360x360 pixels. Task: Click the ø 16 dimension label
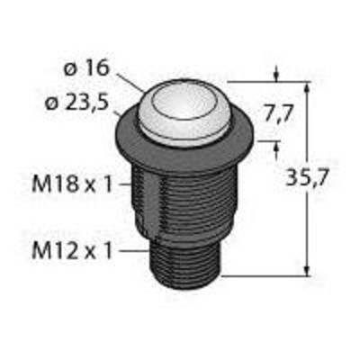(x=85, y=69)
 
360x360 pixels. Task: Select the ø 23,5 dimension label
(x=76, y=103)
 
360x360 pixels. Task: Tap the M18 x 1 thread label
(x=72, y=184)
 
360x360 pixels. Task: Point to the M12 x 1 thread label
(x=72, y=251)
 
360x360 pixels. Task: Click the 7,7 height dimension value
(x=278, y=115)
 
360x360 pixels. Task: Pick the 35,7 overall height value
(x=306, y=178)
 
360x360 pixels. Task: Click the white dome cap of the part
(x=184, y=111)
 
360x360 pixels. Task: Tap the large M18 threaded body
(x=184, y=204)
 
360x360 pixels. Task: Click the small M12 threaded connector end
(x=186, y=264)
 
